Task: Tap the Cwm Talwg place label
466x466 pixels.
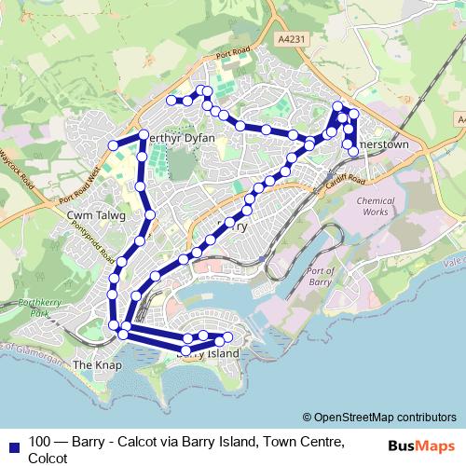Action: tap(89, 214)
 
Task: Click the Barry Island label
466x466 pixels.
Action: tap(208, 354)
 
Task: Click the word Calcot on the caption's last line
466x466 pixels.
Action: tap(48, 458)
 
